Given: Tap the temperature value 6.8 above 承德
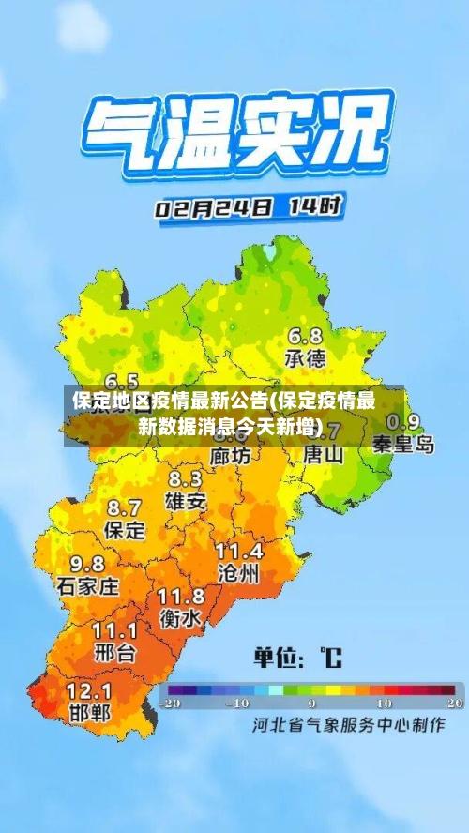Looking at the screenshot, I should (x=305, y=336).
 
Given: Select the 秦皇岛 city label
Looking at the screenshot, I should (x=403, y=444).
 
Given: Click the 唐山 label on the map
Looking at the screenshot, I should (x=325, y=454).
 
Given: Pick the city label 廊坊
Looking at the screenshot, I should (x=231, y=456).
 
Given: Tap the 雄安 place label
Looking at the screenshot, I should (x=186, y=501).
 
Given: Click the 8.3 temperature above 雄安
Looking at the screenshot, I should (x=185, y=479).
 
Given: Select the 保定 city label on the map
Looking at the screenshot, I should (x=125, y=529).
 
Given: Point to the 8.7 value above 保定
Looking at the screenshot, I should (x=125, y=507).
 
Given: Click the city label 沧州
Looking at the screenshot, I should (x=238, y=572).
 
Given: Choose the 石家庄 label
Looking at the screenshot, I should (x=88, y=586).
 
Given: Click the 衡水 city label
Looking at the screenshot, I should (x=180, y=618).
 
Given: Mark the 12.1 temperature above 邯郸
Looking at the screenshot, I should (x=89, y=689).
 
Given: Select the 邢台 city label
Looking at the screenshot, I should (x=114, y=651).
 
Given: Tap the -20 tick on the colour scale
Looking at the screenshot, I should (x=170, y=702).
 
